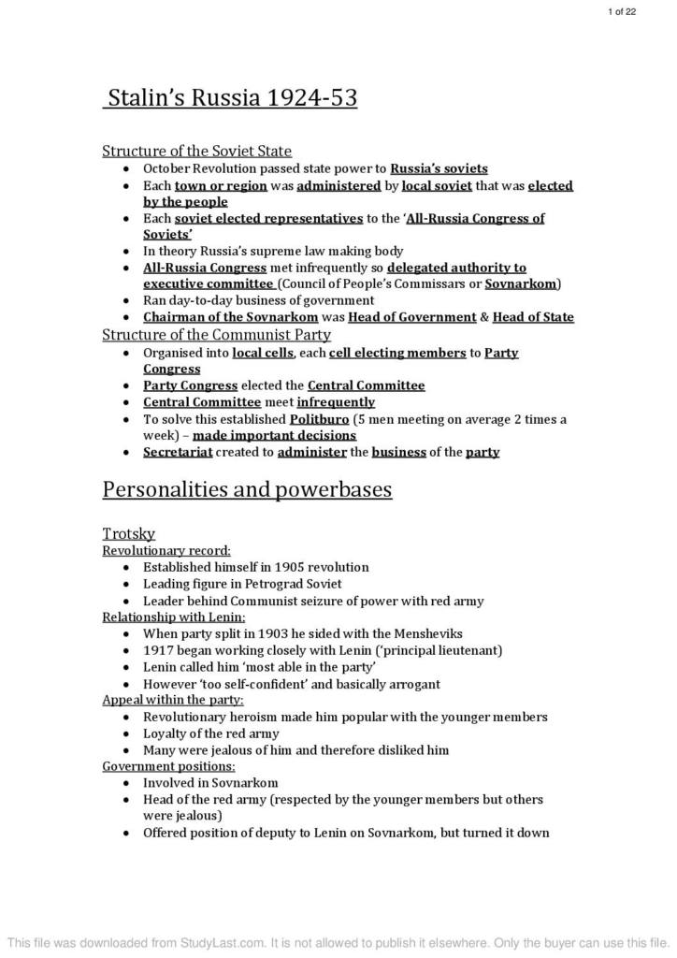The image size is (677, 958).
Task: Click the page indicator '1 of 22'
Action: coord(622,11)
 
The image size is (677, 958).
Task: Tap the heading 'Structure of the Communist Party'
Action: coord(216,334)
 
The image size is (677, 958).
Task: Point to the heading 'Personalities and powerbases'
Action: coord(246,489)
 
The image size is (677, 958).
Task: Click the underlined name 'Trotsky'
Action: coord(128,533)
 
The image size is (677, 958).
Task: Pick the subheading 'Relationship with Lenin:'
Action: coord(173,617)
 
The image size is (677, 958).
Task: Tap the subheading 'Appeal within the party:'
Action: coord(172,700)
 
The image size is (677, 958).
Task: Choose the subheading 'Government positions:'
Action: coord(168,766)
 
